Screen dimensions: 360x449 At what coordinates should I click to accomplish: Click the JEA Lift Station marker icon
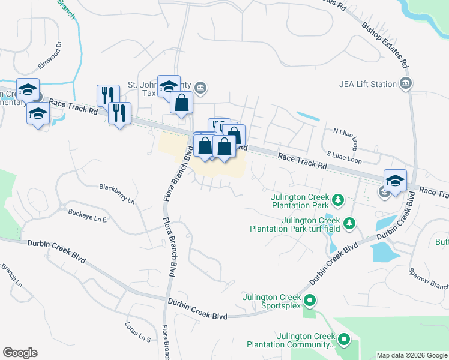(x=406, y=83)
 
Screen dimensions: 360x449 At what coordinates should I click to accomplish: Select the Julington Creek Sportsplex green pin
(x=310, y=301)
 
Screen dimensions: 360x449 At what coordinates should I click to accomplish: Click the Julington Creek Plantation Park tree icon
(x=338, y=199)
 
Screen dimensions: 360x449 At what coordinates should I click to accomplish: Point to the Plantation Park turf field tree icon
(x=349, y=224)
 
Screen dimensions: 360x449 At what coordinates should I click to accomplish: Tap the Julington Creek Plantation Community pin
(x=344, y=340)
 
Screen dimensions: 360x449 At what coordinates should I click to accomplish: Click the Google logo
(x=20, y=353)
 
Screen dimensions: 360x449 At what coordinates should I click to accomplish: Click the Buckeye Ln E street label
(x=87, y=216)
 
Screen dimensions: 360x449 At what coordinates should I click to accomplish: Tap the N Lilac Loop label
(x=346, y=139)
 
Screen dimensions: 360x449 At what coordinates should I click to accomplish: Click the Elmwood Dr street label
(x=50, y=52)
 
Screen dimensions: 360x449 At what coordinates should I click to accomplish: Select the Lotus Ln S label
(x=137, y=332)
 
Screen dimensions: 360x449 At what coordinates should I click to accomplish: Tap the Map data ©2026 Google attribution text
(x=411, y=355)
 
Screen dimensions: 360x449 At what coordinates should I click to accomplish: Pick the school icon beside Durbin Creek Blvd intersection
(x=396, y=181)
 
